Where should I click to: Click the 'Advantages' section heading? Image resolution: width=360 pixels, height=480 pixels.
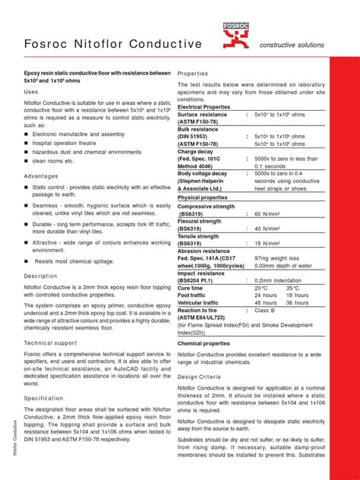point(41,175)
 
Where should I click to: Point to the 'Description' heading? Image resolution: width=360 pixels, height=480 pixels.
point(40,276)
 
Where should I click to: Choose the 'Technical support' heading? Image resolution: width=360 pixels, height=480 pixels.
point(50,343)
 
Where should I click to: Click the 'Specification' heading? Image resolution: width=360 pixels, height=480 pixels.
point(43,397)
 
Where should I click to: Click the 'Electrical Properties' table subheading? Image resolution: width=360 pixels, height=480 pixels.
point(209,107)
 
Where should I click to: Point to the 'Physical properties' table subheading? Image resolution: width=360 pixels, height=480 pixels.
point(207,197)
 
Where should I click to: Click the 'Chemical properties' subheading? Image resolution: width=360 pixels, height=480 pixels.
point(208,343)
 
